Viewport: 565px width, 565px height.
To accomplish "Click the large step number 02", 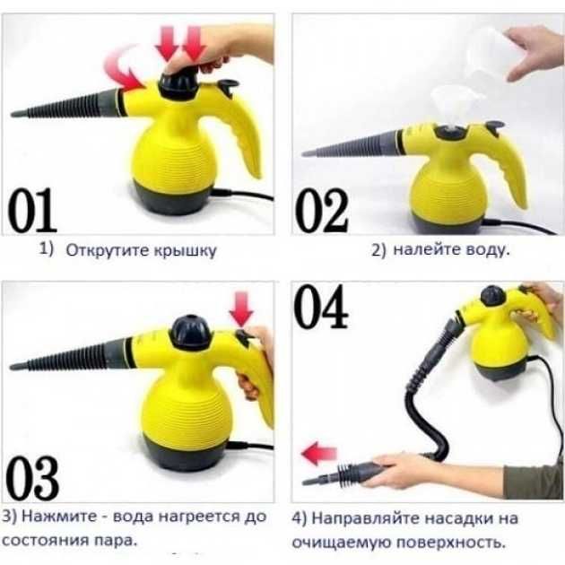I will (321, 212).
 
